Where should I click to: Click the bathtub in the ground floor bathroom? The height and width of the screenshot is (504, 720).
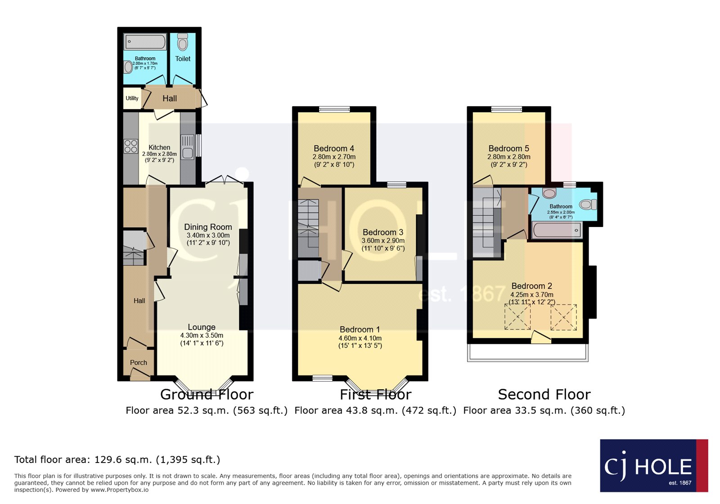(x=145, y=41)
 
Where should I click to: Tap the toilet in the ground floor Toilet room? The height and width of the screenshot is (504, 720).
(x=183, y=42)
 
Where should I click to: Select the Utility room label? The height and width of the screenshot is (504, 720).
(x=132, y=98)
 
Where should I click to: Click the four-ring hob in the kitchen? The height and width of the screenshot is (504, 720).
(x=131, y=146)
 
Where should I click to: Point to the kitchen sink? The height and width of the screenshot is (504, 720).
(x=188, y=147)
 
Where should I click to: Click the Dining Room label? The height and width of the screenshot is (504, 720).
(x=208, y=227)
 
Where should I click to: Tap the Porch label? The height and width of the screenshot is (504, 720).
(x=139, y=363)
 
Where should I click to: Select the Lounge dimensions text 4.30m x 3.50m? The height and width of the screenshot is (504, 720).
(x=202, y=335)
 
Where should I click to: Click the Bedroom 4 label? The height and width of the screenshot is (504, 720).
(x=334, y=148)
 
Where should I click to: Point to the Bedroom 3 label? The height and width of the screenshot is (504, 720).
(x=383, y=232)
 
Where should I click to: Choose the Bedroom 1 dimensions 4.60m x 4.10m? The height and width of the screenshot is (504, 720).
(x=360, y=338)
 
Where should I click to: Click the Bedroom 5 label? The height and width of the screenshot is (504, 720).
(x=509, y=148)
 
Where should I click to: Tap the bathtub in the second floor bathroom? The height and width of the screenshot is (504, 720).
(x=557, y=230)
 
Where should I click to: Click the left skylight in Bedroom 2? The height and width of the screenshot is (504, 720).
(x=517, y=317)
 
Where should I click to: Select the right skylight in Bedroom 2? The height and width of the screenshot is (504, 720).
(x=563, y=318)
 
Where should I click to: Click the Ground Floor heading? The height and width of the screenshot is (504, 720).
(x=207, y=394)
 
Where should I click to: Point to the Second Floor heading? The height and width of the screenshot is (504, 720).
(x=544, y=394)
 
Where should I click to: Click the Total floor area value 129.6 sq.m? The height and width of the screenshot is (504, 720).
(x=123, y=459)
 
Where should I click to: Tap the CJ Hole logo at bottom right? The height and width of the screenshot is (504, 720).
(x=654, y=466)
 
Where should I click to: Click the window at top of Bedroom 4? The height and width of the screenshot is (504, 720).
(x=334, y=109)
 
